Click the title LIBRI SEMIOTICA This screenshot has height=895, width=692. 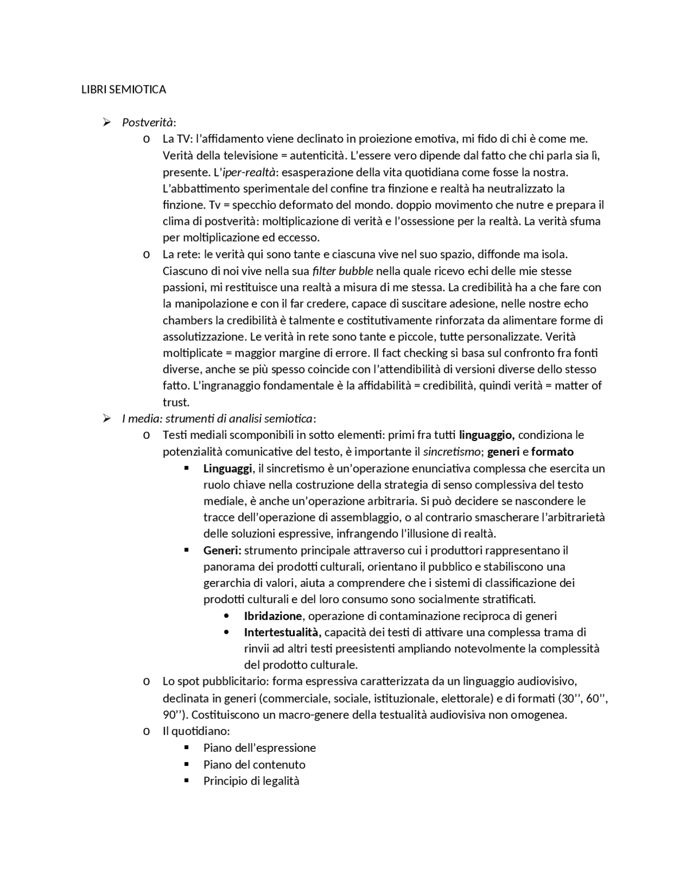123,90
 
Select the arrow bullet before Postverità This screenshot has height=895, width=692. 107,122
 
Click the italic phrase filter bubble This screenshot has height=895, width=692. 343,271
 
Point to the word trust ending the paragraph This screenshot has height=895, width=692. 175,402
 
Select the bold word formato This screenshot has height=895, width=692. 552,451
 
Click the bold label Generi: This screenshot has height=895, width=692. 222,550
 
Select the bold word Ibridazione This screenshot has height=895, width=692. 272,616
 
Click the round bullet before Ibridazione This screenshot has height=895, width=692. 226,616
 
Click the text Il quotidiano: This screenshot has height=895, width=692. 196,731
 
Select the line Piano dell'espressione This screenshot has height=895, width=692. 259,748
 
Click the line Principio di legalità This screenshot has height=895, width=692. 251,781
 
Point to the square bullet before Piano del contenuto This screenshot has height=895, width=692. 187,764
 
